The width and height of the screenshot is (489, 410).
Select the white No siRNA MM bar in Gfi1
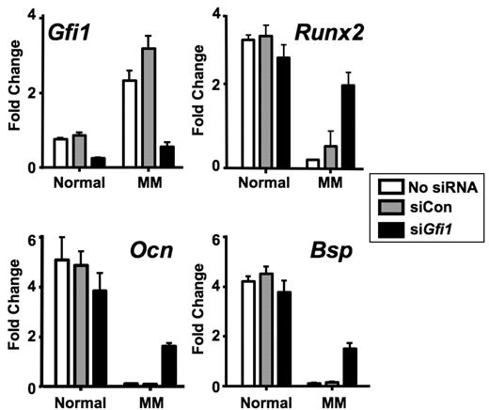tap(129, 123)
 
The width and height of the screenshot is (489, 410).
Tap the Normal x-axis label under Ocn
tap(80, 400)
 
